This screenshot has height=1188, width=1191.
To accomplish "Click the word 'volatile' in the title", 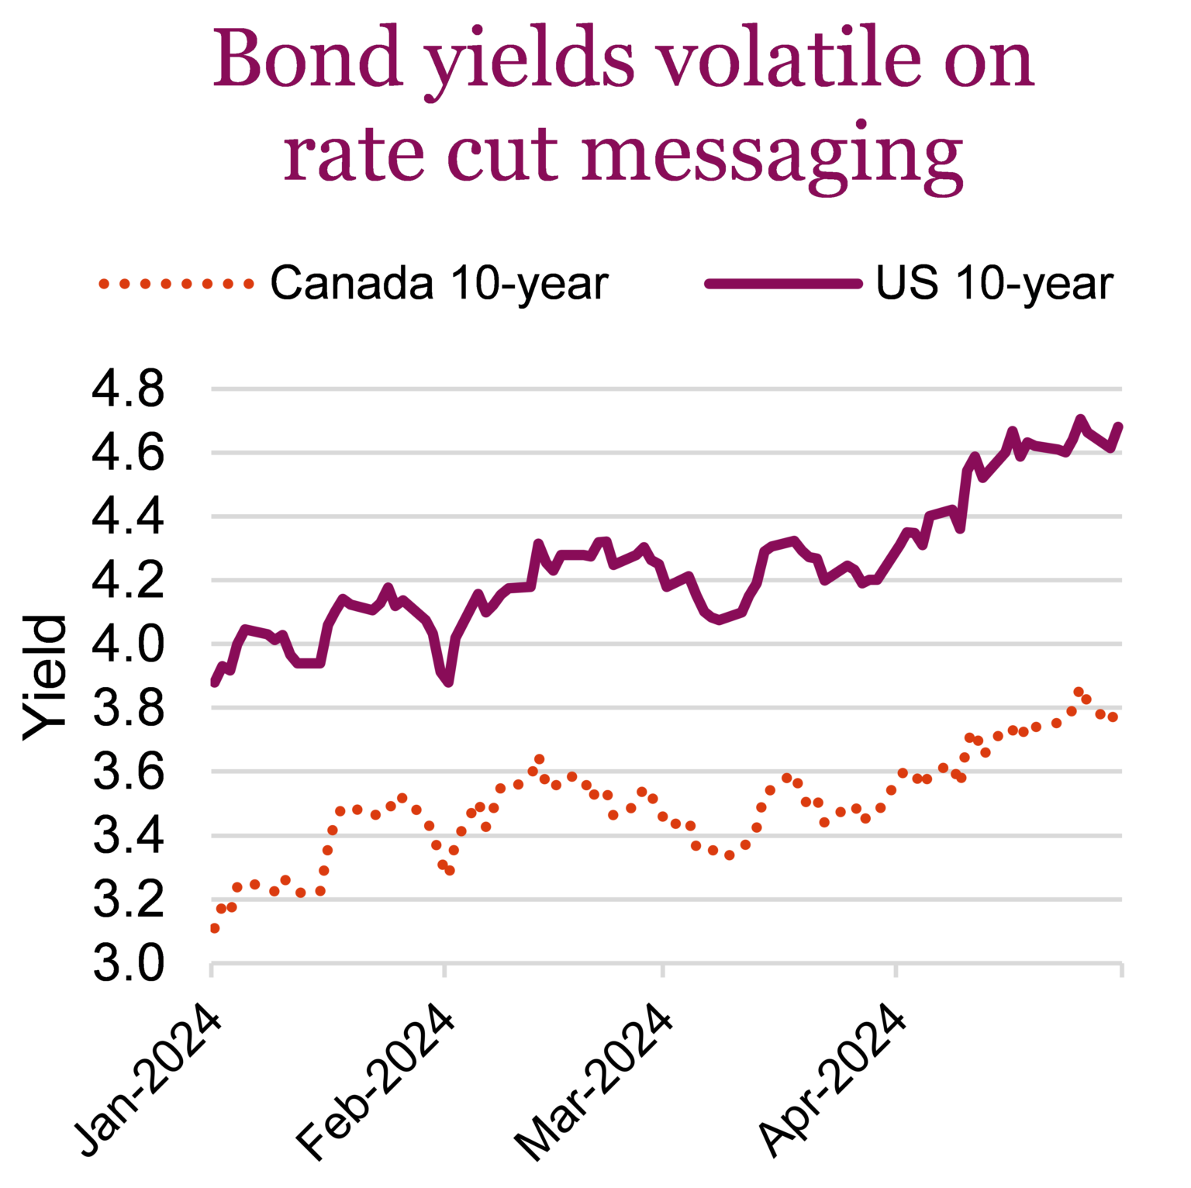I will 789,59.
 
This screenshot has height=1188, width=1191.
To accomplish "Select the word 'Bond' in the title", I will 308,59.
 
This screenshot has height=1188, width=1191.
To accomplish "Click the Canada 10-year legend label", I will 439,283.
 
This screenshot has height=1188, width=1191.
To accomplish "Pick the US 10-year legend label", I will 994,283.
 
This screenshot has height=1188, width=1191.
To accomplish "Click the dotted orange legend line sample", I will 176,284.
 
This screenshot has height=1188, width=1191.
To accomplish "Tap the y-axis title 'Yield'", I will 45,677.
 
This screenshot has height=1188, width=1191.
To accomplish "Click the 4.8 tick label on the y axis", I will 128,389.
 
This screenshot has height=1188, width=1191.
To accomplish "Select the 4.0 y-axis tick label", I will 128,644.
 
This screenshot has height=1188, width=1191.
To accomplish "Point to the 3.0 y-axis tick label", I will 128,964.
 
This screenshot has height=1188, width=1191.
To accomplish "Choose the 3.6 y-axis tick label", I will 128,772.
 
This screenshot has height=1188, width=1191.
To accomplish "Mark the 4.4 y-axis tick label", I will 128,517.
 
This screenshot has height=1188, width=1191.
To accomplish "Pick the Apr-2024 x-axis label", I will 831,1080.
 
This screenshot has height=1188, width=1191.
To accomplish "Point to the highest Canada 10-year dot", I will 1078,692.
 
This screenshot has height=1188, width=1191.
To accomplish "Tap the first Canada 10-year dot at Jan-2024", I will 215,928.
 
